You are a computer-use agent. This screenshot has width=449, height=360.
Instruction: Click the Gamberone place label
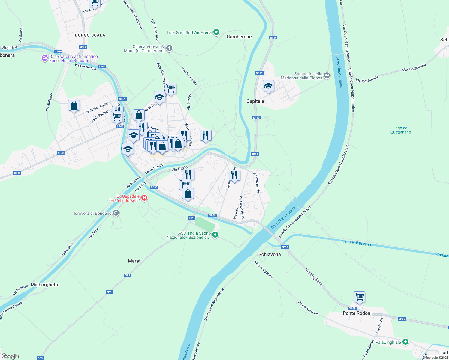click(x=239, y=37)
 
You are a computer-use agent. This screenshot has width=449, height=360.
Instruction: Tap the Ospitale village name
click(x=255, y=101)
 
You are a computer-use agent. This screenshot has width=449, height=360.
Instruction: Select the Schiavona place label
click(x=270, y=254)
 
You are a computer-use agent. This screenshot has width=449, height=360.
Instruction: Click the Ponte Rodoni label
click(x=357, y=313)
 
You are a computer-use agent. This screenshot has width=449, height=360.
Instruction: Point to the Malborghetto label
click(x=45, y=285)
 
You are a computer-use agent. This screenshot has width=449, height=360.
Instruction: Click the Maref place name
click(x=134, y=261)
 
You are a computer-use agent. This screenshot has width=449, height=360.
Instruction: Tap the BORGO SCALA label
click(x=90, y=35)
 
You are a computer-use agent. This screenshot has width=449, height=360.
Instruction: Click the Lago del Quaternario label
click(x=401, y=130)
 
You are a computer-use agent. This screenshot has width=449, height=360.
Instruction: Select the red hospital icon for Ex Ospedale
click(x=144, y=198)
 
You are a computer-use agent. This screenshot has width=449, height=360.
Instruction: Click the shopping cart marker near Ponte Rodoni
click(x=359, y=297)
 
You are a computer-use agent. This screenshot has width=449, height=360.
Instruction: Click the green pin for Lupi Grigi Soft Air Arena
click(x=216, y=32)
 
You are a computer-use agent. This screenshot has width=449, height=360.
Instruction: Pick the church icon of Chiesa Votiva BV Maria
click(x=169, y=48)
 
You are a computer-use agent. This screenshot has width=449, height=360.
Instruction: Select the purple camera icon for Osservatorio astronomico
click(x=45, y=58)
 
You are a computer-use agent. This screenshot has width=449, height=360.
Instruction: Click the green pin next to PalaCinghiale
click(x=405, y=342)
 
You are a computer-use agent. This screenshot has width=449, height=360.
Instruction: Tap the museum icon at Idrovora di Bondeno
click(x=116, y=213)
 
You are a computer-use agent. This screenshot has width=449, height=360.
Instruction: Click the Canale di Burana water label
click(x=356, y=243)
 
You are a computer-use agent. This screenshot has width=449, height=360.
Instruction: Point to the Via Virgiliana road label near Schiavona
click(x=314, y=277)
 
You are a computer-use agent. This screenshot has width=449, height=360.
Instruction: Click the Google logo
click(x=10, y=356)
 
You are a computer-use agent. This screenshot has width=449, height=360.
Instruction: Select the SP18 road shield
click(x=83, y=47)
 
